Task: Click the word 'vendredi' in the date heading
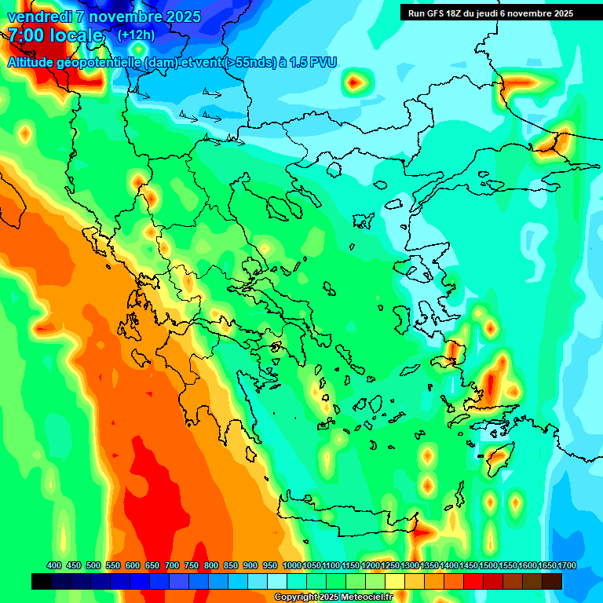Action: [38, 16]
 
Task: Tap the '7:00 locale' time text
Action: [55, 35]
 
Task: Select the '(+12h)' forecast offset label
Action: [136, 35]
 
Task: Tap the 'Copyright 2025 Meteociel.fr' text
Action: [333, 598]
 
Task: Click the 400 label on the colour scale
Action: [54, 565]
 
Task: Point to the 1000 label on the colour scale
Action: [291, 565]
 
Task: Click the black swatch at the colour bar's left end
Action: [42, 581]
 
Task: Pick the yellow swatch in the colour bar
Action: [395, 581]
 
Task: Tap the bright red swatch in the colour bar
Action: [473, 581]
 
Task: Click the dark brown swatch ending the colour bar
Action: [552, 581]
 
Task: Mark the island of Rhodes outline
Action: [496, 457]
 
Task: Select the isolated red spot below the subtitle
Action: [356, 80]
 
